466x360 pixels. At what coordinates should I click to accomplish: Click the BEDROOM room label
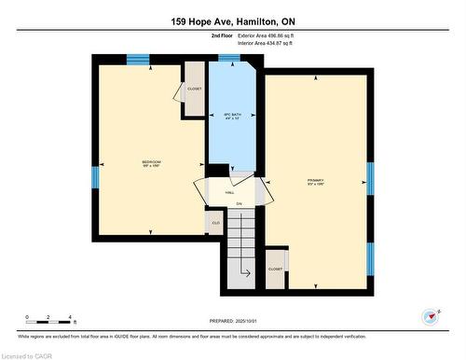pos(151,162)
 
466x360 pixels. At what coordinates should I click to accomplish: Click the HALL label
pos(229,191)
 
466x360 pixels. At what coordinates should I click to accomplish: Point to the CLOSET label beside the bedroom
pos(194,89)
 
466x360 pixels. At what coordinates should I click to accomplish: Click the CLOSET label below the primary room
pos(276,268)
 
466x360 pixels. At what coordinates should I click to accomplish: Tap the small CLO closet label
pos(213,223)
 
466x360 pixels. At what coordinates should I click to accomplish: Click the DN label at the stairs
pos(239,203)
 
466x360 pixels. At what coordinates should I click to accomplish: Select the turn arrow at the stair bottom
pos(245,272)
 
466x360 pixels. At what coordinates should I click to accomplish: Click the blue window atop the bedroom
pos(138,61)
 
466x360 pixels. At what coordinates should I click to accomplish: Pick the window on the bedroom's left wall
pos(94,177)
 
